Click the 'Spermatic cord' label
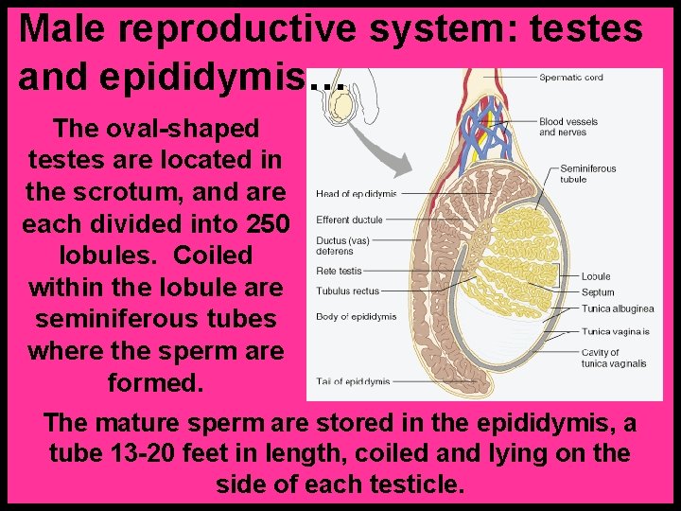pyautogui.click(x=570, y=78)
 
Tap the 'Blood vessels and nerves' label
pyautogui.click(x=568, y=127)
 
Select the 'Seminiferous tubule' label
pyautogui.click(x=587, y=173)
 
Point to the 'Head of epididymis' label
pyautogui.click(x=356, y=194)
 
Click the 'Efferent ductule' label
pyautogui.click(x=349, y=220)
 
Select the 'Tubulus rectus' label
pyautogui.click(x=347, y=291)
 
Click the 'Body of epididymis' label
pyautogui.click(x=356, y=316)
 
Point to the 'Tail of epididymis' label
pyautogui.click(x=353, y=381)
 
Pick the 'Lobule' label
pyautogui.click(x=596, y=277)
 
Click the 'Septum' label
pyautogui.click(x=598, y=292)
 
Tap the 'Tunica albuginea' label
pyautogui.click(x=617, y=308)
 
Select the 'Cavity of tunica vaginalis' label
pyautogui.click(x=614, y=358)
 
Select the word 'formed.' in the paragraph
pyautogui.click(x=155, y=384)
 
